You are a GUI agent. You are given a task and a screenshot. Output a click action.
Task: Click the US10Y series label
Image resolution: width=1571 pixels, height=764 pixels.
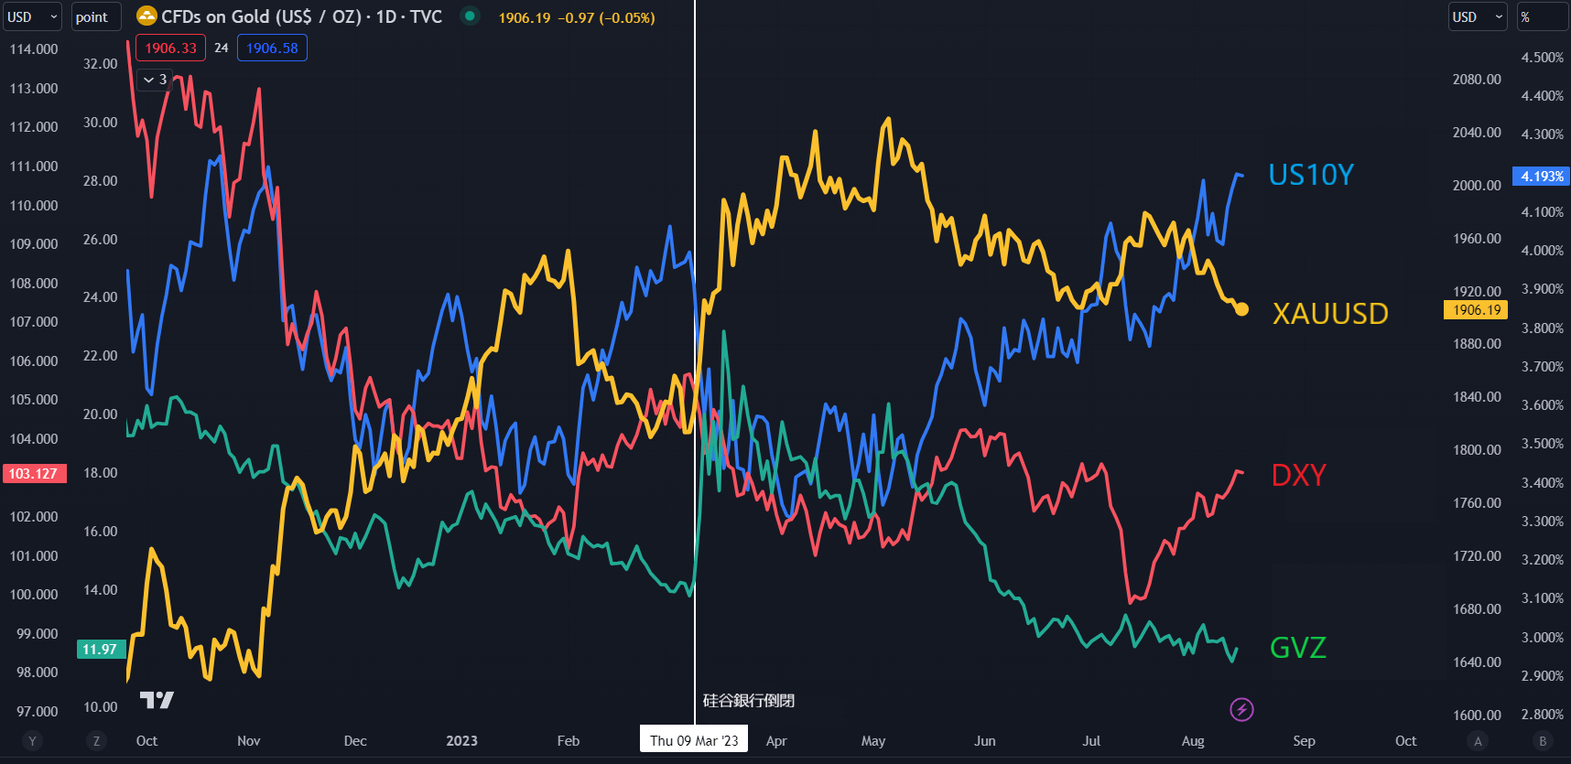1310,175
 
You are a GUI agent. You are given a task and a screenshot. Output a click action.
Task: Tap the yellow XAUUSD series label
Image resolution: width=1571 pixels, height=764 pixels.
1329,314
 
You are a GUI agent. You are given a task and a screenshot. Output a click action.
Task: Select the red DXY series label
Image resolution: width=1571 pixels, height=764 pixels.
1298,476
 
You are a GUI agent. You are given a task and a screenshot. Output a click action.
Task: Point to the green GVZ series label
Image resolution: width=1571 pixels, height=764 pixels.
1297,648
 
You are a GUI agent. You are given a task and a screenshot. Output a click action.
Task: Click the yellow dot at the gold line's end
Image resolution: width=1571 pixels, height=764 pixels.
1241,309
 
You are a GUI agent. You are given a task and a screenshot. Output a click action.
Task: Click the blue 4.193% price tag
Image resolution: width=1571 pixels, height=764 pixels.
1542,176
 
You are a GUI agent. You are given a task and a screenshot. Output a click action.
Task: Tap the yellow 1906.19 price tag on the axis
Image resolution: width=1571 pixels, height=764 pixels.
1476,310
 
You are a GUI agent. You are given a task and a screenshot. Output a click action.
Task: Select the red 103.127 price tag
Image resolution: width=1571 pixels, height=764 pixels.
34,474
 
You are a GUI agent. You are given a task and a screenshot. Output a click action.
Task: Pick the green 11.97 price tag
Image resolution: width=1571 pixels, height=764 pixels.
100,650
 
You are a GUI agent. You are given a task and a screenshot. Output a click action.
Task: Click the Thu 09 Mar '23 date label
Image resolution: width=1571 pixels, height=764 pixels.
694,740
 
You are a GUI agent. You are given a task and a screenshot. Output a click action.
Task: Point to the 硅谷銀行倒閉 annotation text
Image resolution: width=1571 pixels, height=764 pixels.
748,701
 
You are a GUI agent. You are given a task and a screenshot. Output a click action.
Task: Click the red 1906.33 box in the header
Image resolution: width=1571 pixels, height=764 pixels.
170,48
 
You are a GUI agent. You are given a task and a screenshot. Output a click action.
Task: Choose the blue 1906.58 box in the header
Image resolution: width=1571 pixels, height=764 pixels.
272,48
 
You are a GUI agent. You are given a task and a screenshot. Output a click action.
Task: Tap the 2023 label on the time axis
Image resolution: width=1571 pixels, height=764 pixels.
461,741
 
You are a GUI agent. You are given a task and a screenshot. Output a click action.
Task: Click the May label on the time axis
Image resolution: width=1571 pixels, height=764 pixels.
873,741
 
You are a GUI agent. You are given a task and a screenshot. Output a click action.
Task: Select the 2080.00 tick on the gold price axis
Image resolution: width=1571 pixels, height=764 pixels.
1476,80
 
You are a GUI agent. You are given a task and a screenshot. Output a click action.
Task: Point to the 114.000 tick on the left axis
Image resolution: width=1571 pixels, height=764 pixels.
34,49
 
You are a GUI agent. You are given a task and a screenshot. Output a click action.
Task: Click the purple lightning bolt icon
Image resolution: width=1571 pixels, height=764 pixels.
1241,709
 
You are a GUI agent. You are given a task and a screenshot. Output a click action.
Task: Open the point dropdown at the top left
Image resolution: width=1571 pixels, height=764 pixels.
94,17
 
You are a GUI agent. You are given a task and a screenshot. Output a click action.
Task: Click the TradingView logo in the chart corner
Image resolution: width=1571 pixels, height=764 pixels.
157,700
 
